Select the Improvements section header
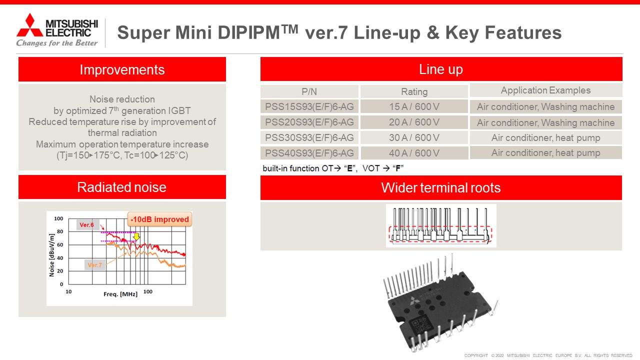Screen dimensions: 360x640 pyautogui.click(x=122, y=69)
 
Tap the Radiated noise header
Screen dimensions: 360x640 pyautogui.click(x=122, y=187)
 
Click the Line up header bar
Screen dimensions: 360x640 pyautogui.click(x=441, y=69)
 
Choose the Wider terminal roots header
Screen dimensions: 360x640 pyautogui.click(x=441, y=188)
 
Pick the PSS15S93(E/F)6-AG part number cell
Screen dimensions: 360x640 pyautogui.click(x=309, y=107)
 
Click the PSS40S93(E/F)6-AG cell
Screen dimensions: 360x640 pyautogui.click(x=309, y=153)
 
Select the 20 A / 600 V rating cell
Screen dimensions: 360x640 pyautogui.click(x=414, y=122)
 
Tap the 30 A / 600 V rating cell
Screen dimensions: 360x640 pyautogui.click(x=414, y=138)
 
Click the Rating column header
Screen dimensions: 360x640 pyautogui.click(x=414, y=91)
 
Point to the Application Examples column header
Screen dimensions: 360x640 pyautogui.click(x=545, y=90)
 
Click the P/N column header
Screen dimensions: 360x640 pyautogui.click(x=309, y=91)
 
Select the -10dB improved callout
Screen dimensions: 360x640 pyautogui.click(x=160, y=219)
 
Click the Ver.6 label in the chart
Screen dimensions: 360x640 pyautogui.click(x=87, y=225)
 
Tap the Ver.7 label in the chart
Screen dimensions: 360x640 pyautogui.click(x=94, y=265)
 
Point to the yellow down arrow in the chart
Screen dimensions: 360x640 pyautogui.click(x=136, y=236)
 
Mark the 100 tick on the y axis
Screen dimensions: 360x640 pyautogui.click(x=58, y=219)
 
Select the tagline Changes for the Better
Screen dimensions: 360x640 pyautogui.click(x=57, y=43)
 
